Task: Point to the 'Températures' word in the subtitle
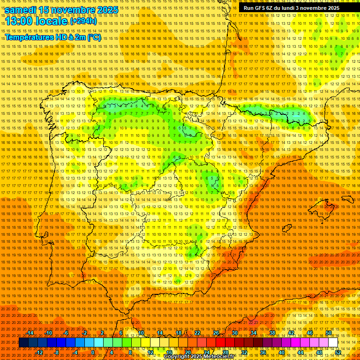28,37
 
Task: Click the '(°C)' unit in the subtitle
93,37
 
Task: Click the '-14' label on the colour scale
30,333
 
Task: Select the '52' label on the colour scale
338,352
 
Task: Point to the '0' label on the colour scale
93,352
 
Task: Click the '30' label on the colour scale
234,333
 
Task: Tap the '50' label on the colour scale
329,333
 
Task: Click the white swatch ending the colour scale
333,343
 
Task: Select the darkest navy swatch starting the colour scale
23,343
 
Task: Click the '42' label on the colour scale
291,333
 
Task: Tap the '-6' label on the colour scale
66,333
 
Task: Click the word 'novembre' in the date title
70,10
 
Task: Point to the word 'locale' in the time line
53,22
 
